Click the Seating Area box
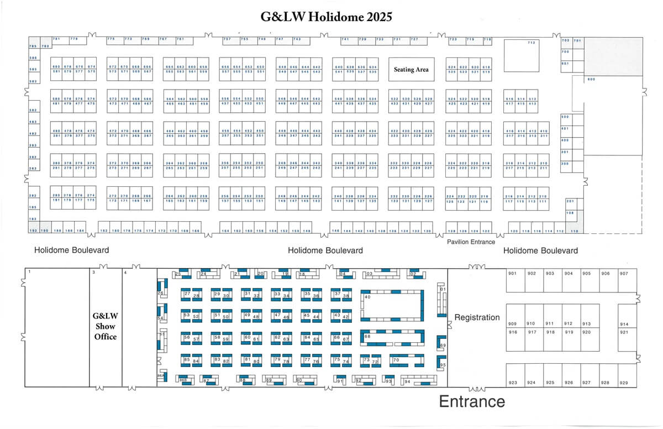click(411, 70)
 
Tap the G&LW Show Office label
click(104, 326)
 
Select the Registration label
click(477, 317)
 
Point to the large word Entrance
click(472, 401)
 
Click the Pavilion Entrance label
click(471, 242)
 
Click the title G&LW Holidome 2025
click(327, 17)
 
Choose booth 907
click(624, 274)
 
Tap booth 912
click(568, 323)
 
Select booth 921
click(624, 332)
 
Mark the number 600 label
click(591, 80)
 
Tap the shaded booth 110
click(575, 230)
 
